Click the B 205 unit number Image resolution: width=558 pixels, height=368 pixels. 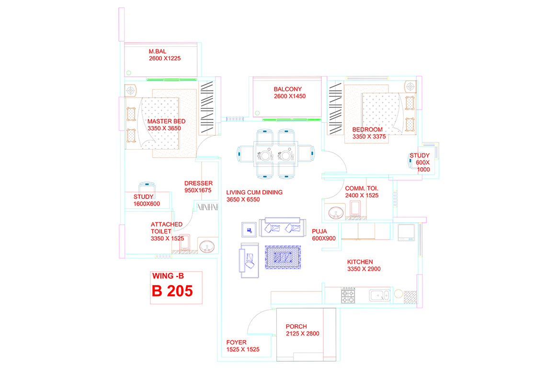(x=172, y=291)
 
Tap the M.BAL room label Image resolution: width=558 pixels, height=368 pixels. (x=157, y=52)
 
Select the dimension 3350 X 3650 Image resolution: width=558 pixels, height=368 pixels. (x=164, y=128)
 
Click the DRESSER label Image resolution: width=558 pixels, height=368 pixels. (x=198, y=184)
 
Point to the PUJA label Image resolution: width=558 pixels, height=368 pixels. (x=319, y=231)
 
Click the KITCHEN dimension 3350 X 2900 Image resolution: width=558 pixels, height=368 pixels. (x=364, y=269)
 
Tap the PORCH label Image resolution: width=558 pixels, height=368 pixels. (x=296, y=326)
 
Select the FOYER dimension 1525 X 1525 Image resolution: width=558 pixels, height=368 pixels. (x=243, y=349)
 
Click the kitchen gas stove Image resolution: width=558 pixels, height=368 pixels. (x=348, y=296)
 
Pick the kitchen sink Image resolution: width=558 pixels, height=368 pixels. (x=380, y=295)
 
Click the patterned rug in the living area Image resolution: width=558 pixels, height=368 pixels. (x=283, y=257)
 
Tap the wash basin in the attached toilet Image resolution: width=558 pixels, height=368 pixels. (x=207, y=247)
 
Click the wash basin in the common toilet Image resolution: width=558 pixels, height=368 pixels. (x=336, y=213)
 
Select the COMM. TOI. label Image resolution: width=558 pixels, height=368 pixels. (x=362, y=188)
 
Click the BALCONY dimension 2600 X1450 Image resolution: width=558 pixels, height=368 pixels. (x=290, y=96)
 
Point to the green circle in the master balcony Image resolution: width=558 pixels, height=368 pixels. (x=129, y=73)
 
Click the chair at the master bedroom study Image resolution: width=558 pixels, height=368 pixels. (x=147, y=188)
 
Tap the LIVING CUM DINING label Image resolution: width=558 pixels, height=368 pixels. (x=254, y=193)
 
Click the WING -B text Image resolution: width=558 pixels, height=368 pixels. (x=168, y=276)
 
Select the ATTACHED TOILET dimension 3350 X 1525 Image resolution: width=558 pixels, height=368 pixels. (x=167, y=239)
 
